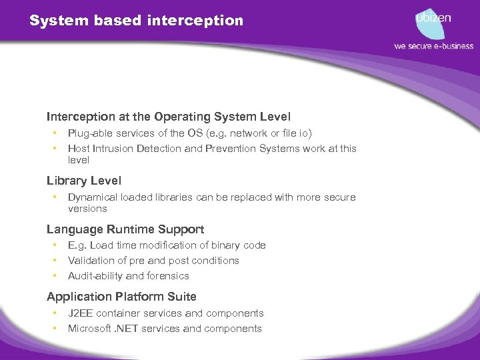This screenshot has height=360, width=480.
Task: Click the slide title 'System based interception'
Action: [136, 21]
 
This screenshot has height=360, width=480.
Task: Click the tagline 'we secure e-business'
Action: [433, 46]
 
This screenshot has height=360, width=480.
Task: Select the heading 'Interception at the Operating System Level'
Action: [169, 117]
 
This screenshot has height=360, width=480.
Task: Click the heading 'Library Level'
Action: [84, 181]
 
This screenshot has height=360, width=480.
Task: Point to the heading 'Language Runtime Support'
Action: [125, 229]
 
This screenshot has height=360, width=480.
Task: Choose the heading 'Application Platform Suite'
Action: [121, 297]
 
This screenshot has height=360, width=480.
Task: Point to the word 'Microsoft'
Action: [89, 329]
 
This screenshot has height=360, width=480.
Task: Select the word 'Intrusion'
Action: [113, 149]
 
